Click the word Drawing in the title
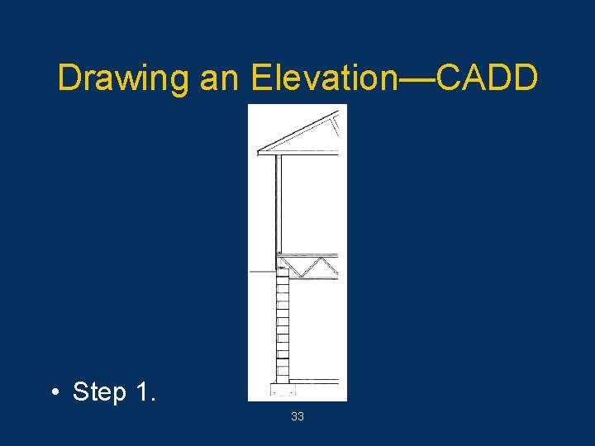[123, 79]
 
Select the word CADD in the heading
[487, 78]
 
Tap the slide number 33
[297, 417]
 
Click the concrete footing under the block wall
[283, 391]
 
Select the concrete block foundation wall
[283, 330]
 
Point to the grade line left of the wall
[261, 271]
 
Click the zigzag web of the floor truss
[310, 268]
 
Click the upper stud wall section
[278, 202]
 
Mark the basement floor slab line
[318, 381]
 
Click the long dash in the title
[417, 79]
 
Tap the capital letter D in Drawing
[69, 78]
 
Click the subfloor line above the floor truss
[310, 254]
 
